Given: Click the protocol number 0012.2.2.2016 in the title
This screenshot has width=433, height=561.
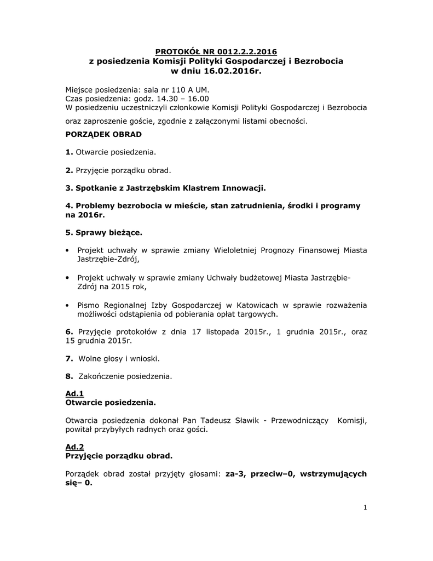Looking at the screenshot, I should (239, 51).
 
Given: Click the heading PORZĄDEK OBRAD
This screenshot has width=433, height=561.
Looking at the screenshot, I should (103, 134).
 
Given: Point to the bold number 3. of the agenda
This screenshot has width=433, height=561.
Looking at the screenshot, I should (69, 188).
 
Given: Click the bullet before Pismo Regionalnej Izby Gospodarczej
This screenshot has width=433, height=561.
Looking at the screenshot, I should (67, 305).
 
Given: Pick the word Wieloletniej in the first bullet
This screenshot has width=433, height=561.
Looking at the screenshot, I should (237, 250).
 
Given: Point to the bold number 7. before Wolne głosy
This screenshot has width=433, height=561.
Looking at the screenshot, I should (69, 358).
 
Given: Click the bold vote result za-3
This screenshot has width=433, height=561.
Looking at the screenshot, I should (236, 473).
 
